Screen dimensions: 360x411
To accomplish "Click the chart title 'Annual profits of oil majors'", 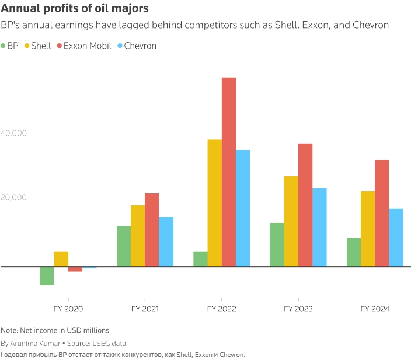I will click(x=74, y=9).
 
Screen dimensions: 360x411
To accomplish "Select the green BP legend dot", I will click(x=4, y=46).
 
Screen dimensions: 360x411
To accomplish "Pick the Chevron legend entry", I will click(x=137, y=46).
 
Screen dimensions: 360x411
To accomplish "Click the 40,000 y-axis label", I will click(x=14, y=133).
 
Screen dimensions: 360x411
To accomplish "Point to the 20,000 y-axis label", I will click(x=14, y=198).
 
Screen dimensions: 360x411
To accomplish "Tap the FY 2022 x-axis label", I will click(x=221, y=309).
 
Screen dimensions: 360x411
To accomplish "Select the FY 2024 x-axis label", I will click(x=374, y=309).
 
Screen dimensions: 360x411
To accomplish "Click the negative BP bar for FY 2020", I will click(x=47, y=276).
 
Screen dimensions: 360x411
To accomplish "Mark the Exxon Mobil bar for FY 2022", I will click(x=229, y=172).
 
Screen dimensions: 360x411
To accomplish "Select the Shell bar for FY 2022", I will click(x=214, y=203).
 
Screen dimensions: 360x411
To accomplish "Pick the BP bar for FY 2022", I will click(x=200, y=259).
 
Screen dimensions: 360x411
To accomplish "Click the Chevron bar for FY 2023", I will click(x=320, y=227).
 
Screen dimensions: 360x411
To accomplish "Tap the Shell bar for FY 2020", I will click(x=61, y=259).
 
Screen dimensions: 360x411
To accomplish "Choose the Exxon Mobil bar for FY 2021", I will click(x=152, y=230).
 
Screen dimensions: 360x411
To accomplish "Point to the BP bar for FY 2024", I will click(x=353, y=252).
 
